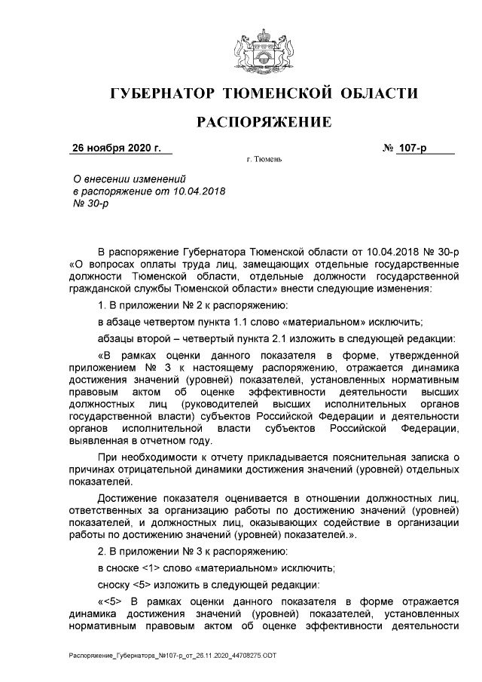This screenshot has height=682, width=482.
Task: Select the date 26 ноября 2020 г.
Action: (x=116, y=148)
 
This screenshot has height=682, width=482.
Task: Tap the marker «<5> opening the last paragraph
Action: (x=114, y=601)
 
